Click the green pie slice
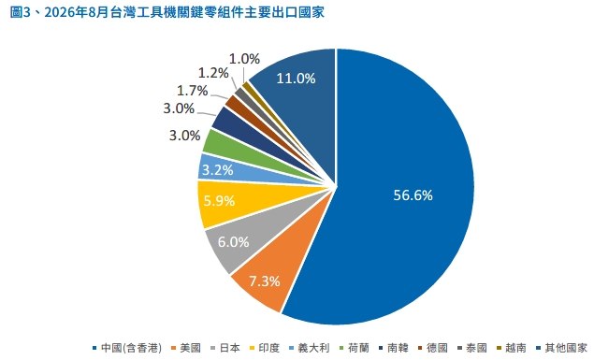click(x=227, y=146)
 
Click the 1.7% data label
click(x=193, y=91)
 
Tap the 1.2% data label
click(x=213, y=73)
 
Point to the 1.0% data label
click(x=244, y=59)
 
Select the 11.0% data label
click(x=296, y=79)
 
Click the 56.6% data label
click(x=413, y=194)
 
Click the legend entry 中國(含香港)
click(x=127, y=348)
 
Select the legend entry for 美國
click(x=186, y=348)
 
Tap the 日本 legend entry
click(x=225, y=348)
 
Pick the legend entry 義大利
click(x=309, y=348)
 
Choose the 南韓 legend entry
click(x=393, y=348)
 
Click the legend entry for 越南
click(x=512, y=348)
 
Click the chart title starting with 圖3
click(x=167, y=12)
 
